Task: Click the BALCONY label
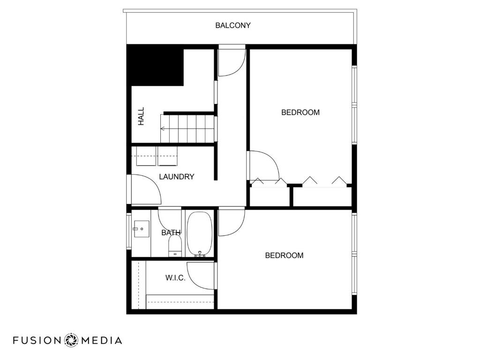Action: click(x=233, y=25)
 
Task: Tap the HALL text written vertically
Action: click(x=141, y=116)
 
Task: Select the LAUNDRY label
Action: click(x=177, y=177)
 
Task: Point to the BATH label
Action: click(x=171, y=232)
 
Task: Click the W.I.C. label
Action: click(x=175, y=278)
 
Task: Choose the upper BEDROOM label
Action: click(x=300, y=112)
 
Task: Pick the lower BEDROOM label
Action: click(x=284, y=255)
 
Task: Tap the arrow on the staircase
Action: click(x=164, y=128)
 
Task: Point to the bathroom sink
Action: click(x=141, y=229)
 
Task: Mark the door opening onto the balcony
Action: click(x=231, y=61)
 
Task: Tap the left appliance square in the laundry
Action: click(x=146, y=156)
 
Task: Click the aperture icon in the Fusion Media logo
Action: click(x=72, y=340)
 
